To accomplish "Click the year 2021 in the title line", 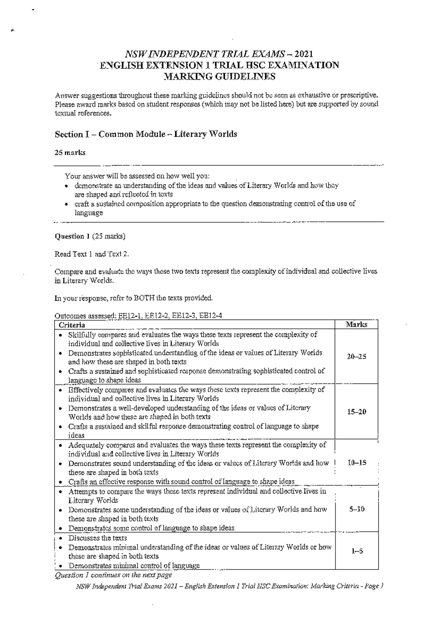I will click(x=303, y=54).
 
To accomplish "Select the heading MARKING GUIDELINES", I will click(x=219, y=77).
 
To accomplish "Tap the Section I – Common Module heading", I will click(x=146, y=134).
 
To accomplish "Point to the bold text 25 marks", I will click(x=70, y=153).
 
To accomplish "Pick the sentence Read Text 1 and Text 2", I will click(x=92, y=254).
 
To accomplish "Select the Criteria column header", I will click(x=72, y=325).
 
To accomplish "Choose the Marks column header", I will click(x=356, y=324).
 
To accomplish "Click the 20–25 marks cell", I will click(x=356, y=357).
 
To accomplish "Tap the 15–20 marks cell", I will click(x=356, y=412).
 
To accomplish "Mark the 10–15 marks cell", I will click(x=356, y=463).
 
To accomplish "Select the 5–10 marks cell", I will click(x=356, y=509).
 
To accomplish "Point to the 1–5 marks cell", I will click(x=356, y=551).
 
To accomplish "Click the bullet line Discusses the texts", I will click(x=98, y=538).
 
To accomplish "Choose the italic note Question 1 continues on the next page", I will click(x=113, y=575).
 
